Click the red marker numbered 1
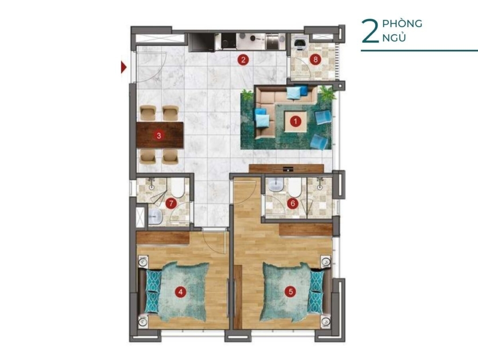(x=295, y=121)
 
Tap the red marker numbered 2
(x=243, y=60)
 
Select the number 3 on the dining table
(x=159, y=135)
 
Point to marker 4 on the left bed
(x=181, y=292)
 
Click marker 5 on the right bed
(x=290, y=292)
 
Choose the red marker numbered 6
(x=293, y=203)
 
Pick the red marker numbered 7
(x=171, y=203)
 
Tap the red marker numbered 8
(x=316, y=59)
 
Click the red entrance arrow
(x=123, y=67)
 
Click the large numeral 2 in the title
(x=370, y=31)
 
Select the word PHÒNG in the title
(x=402, y=23)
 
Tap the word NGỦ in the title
(x=394, y=38)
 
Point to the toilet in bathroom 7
(x=177, y=187)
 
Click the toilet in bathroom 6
(x=295, y=187)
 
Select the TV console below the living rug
(x=286, y=169)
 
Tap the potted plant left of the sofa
(x=247, y=95)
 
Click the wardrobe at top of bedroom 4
(x=163, y=238)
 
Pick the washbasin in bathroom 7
(x=155, y=217)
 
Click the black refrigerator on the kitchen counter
(x=202, y=42)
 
